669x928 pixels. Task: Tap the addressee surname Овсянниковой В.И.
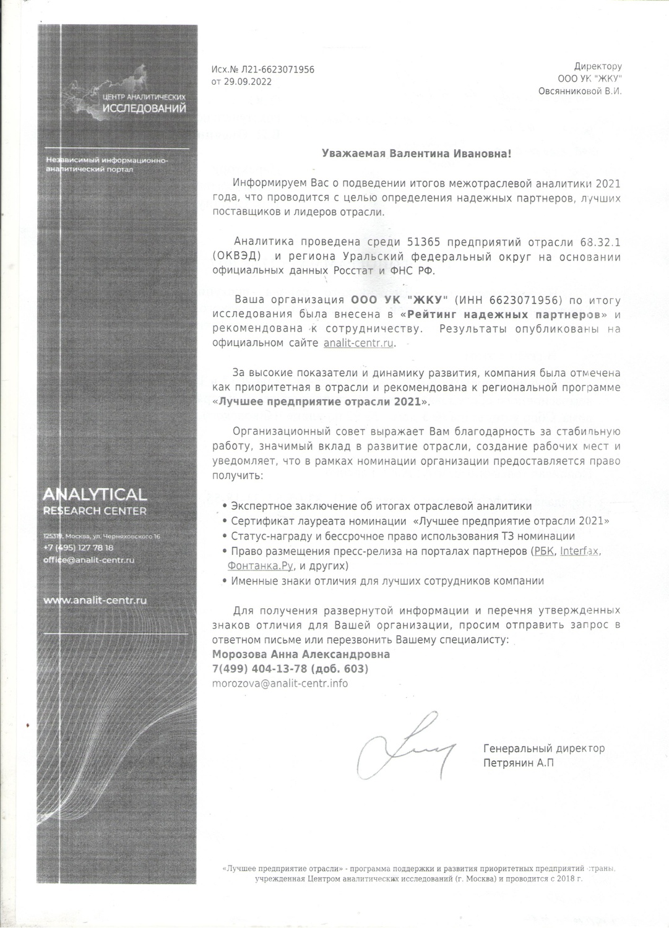tap(580, 91)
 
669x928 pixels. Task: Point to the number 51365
tap(424, 241)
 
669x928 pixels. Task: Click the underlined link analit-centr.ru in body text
tap(358, 343)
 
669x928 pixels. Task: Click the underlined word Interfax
tap(579, 551)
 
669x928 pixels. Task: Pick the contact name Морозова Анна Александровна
tap(301, 654)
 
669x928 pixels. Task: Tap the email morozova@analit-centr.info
tap(280, 684)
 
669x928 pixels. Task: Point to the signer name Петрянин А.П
tap(519, 763)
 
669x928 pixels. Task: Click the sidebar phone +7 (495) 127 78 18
tap(78, 548)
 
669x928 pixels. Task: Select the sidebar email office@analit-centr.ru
tap(88, 560)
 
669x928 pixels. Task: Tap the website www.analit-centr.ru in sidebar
tap(95, 600)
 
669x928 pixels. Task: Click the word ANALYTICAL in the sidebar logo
tap(95, 494)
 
